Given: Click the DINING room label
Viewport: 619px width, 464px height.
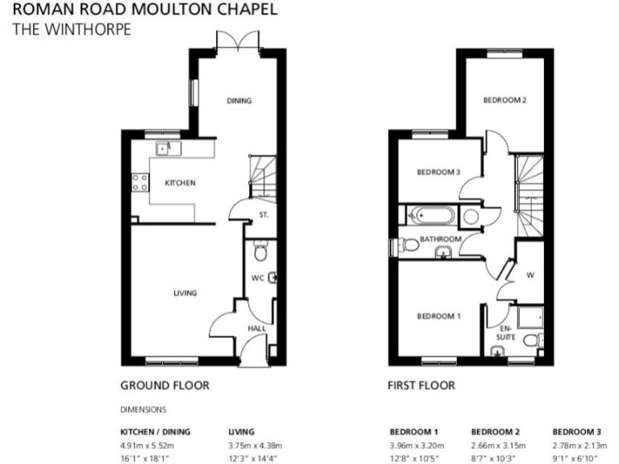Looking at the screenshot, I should [x=239, y=101].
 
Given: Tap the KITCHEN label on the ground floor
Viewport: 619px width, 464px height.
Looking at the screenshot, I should [x=181, y=183].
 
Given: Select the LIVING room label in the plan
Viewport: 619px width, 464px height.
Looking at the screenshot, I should [x=185, y=293].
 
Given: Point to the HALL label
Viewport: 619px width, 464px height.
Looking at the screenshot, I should [x=256, y=328].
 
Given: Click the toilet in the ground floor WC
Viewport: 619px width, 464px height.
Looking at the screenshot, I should [x=259, y=253].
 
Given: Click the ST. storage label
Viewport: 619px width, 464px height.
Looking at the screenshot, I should [x=263, y=215].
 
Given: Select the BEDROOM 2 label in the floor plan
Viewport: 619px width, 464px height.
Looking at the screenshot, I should [x=505, y=101].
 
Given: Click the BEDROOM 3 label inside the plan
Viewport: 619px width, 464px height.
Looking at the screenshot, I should [x=438, y=172].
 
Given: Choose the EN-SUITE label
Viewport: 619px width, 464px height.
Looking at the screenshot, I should [x=505, y=333].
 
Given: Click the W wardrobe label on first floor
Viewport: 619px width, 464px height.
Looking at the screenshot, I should [x=530, y=275].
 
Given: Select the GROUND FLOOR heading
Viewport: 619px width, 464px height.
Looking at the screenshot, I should [x=164, y=385].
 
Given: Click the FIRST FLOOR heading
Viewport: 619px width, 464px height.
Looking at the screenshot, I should [x=422, y=385].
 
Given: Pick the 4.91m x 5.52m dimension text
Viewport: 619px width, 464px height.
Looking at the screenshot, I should [x=147, y=445].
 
